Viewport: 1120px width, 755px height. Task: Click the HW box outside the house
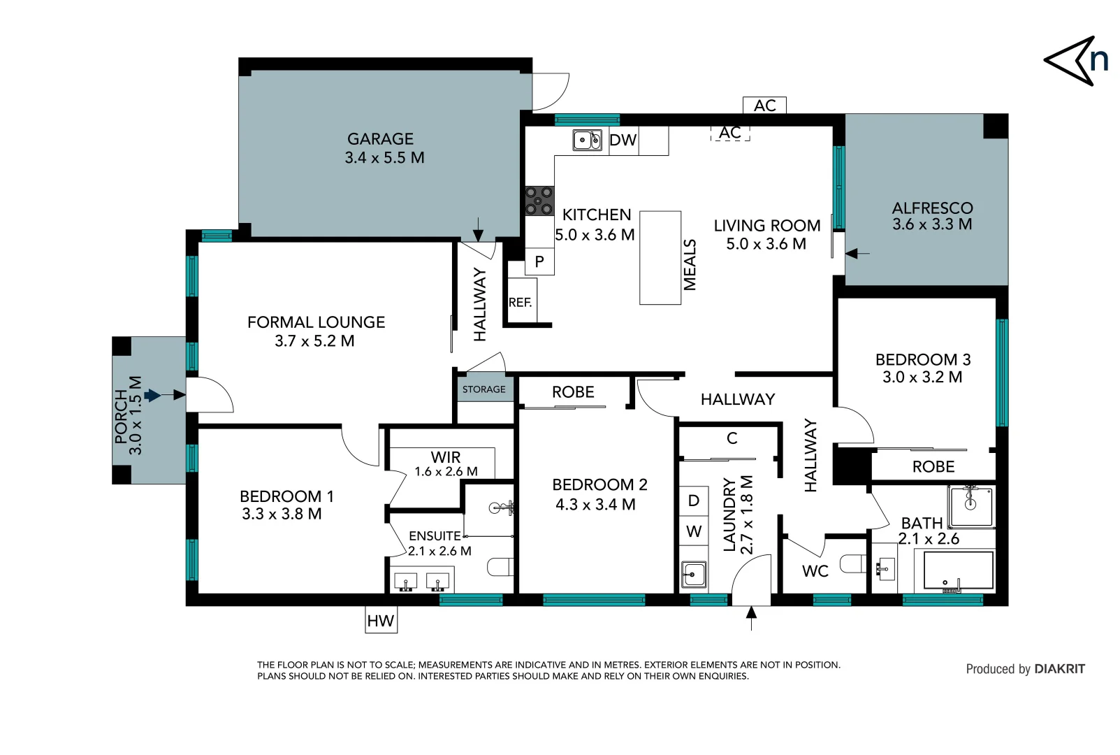(381, 620)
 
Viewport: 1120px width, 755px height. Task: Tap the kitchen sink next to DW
(587, 141)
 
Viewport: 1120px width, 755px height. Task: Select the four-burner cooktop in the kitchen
(539, 200)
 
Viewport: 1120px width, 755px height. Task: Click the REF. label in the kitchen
(521, 303)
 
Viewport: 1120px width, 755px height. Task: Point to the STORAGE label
(483, 389)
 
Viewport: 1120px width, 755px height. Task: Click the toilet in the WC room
(853, 563)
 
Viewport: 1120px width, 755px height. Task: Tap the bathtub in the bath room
(958, 570)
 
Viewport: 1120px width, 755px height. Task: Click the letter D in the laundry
(694, 501)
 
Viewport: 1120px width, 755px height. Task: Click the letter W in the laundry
(694, 531)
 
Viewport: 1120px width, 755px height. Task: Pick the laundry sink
(694, 575)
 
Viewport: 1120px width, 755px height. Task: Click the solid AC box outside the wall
(764, 106)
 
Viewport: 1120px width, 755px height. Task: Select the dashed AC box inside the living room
(730, 133)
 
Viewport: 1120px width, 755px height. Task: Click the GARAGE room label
(381, 139)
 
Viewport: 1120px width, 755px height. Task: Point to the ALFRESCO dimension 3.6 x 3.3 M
(932, 224)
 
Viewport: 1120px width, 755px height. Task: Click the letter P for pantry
(539, 261)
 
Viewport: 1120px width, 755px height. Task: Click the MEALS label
(690, 264)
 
